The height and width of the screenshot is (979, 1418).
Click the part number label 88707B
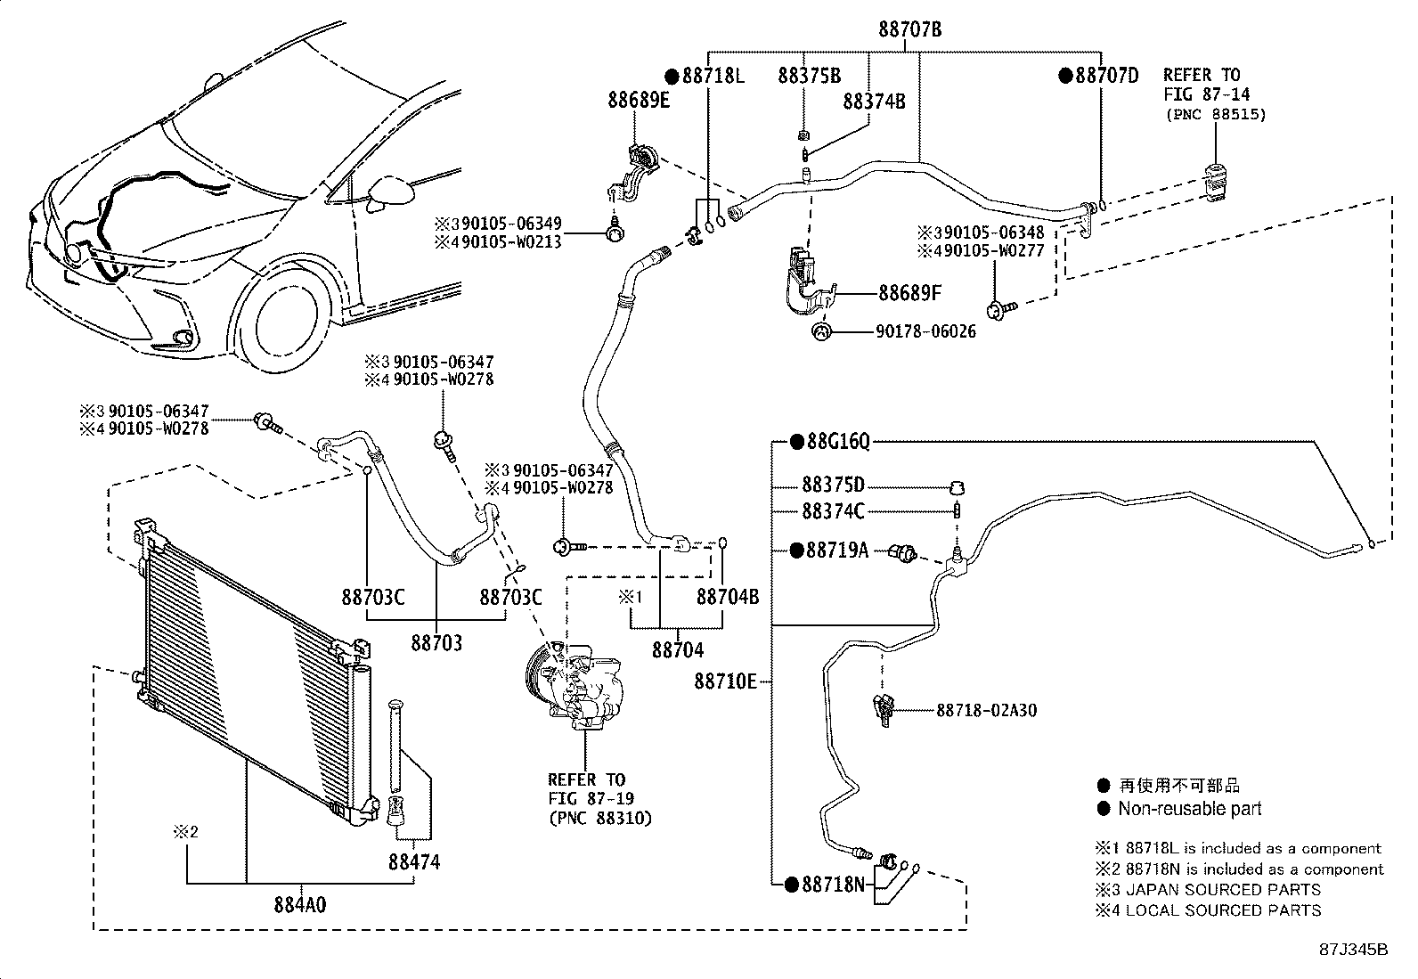[x=909, y=29]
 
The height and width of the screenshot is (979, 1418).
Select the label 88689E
[x=639, y=100]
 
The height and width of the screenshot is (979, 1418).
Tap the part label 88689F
[x=909, y=292]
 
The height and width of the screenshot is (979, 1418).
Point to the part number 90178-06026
[x=925, y=331]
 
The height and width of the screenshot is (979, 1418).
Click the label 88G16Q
[x=839, y=441]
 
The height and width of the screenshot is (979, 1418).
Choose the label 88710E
[x=725, y=681]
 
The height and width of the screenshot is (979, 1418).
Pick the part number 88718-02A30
[x=986, y=711]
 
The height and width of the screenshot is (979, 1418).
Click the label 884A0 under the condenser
[x=300, y=905]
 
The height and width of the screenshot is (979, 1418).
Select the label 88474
[x=414, y=861]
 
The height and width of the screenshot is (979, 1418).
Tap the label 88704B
[x=728, y=597]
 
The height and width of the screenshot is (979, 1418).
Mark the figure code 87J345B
[x=1354, y=950]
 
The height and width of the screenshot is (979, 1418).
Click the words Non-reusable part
[x=1189, y=809]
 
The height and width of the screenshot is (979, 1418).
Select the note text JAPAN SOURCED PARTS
[x=1223, y=890]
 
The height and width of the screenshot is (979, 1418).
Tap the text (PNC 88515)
[x=1216, y=115]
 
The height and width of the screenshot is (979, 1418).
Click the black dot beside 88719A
[x=797, y=551]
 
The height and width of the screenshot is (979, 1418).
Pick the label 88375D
[x=833, y=485]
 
